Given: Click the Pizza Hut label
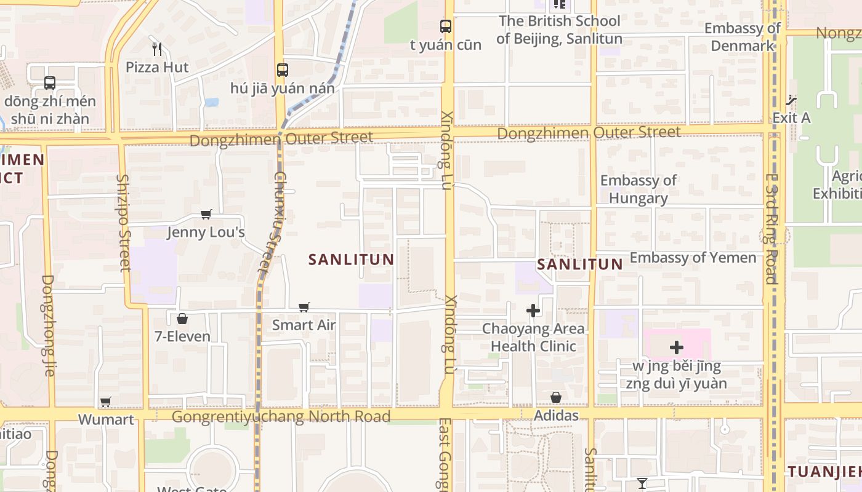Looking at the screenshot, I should (157, 67).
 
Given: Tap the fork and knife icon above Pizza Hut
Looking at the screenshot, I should (157, 49).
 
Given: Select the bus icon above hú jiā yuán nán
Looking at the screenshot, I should (282, 70).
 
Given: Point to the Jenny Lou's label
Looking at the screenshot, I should (206, 232).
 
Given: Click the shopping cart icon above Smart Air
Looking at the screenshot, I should (304, 307).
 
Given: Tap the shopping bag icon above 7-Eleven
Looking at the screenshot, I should (182, 319).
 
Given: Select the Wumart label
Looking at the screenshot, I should (106, 420).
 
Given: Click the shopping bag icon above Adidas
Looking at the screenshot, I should (556, 398).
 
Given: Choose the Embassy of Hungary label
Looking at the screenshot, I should (638, 189).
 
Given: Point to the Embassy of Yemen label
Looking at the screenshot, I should (693, 258).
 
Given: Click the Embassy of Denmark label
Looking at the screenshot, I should (742, 37).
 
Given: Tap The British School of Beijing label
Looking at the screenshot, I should (559, 30).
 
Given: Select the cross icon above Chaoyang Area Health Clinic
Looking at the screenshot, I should (533, 311).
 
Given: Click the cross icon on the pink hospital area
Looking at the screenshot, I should (676, 348).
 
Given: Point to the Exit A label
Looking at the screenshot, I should (791, 117).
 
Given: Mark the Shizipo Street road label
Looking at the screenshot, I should (124, 223).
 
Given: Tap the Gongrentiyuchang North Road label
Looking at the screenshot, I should (281, 417).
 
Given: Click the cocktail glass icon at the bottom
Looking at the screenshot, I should (642, 483).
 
